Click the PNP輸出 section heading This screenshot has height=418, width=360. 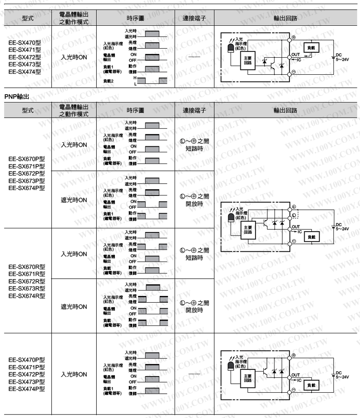(x=17, y=96)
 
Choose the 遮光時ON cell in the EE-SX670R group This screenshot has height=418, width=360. (x=74, y=307)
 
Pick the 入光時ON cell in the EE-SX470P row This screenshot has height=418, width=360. (x=74, y=374)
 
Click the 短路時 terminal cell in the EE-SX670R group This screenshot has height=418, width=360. (x=194, y=254)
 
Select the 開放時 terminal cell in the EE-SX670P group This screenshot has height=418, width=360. (x=194, y=200)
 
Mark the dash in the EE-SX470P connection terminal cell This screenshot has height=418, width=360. (x=194, y=374)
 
